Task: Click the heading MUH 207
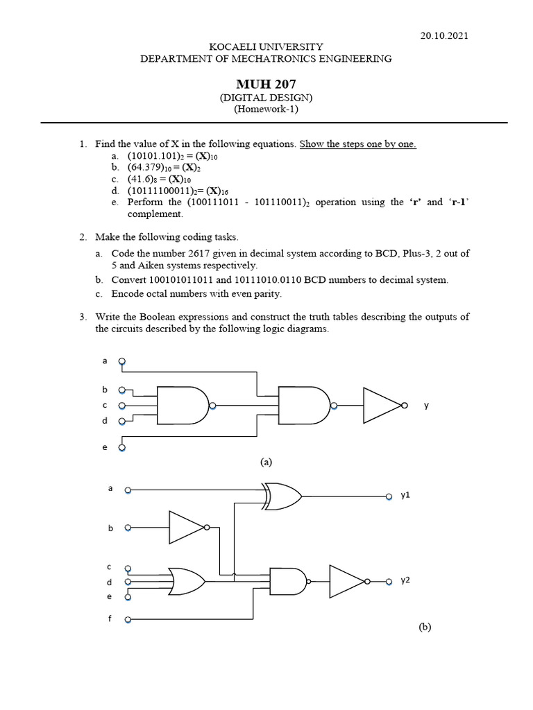click(x=266, y=85)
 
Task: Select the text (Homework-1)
click(x=266, y=109)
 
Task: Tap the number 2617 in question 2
click(x=204, y=254)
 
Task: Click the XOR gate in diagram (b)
click(x=283, y=496)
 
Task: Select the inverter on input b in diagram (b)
click(x=187, y=528)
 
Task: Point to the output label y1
click(x=406, y=496)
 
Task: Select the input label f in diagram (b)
click(x=110, y=618)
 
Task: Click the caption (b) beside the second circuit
click(x=425, y=627)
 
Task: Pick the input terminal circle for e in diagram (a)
click(x=122, y=448)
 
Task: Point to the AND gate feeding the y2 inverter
click(x=288, y=581)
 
